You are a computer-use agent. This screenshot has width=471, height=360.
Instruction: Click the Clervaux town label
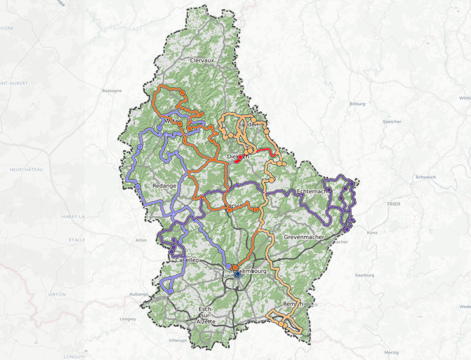(x=202, y=60)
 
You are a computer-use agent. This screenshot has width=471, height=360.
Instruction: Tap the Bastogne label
(x=112, y=91)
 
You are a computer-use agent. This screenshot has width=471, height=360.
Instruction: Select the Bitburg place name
(x=357, y=104)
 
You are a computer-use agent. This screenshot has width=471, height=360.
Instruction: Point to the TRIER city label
(x=394, y=204)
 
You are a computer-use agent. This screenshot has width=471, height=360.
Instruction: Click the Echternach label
(x=312, y=191)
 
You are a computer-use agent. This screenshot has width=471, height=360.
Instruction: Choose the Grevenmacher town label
(x=304, y=237)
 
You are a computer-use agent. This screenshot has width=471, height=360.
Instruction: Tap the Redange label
(x=164, y=186)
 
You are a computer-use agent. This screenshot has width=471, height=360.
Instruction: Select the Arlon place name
(x=141, y=240)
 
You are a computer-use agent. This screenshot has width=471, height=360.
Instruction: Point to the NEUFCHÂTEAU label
(x=27, y=170)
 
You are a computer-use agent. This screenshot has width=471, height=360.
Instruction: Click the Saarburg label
(x=364, y=275)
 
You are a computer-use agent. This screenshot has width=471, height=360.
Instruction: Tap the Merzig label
(x=392, y=352)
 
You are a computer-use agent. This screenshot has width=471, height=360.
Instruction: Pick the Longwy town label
(x=128, y=319)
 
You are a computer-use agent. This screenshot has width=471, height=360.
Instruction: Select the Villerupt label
(x=178, y=341)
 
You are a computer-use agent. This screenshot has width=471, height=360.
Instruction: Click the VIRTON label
(x=57, y=294)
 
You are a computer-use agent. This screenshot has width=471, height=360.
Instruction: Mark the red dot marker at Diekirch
(x=240, y=157)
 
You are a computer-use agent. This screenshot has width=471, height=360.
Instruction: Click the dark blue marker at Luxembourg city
(x=237, y=274)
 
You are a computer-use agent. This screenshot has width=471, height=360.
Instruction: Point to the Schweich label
(x=426, y=177)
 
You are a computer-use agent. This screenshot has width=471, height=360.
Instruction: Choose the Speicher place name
(x=392, y=122)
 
